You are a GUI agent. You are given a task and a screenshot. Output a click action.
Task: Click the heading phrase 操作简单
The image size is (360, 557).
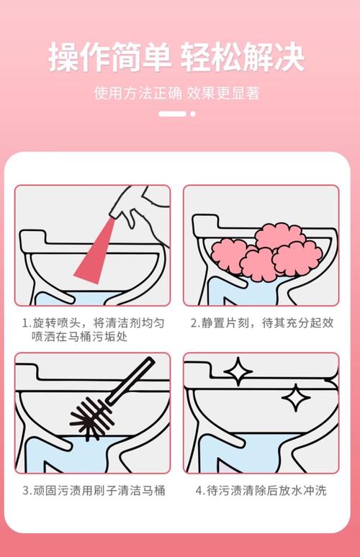[109, 57]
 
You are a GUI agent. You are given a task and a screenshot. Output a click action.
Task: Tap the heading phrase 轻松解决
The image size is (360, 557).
[243, 57]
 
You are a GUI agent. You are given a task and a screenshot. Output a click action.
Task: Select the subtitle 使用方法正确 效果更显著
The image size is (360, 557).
[176, 94]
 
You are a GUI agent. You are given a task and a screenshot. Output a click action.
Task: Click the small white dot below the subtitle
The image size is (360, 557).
[193, 114]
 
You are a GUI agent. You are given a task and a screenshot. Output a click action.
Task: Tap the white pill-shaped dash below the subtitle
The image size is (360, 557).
[172, 114]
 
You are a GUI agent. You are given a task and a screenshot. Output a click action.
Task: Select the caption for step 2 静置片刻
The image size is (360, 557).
[262, 323]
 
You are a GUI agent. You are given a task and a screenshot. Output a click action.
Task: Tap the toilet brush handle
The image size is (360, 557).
[132, 381]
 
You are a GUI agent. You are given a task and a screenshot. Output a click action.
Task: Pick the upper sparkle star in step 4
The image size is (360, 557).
[238, 371]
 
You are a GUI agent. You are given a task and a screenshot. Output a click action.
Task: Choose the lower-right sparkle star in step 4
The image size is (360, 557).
[296, 398]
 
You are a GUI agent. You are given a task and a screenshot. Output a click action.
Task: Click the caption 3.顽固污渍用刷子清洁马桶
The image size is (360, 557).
[94, 491]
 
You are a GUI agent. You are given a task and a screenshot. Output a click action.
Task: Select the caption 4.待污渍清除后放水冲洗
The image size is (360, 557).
[261, 491]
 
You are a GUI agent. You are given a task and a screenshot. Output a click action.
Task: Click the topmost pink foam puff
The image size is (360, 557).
[281, 236]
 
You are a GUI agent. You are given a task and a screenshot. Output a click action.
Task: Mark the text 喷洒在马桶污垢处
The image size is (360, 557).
[79, 336]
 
